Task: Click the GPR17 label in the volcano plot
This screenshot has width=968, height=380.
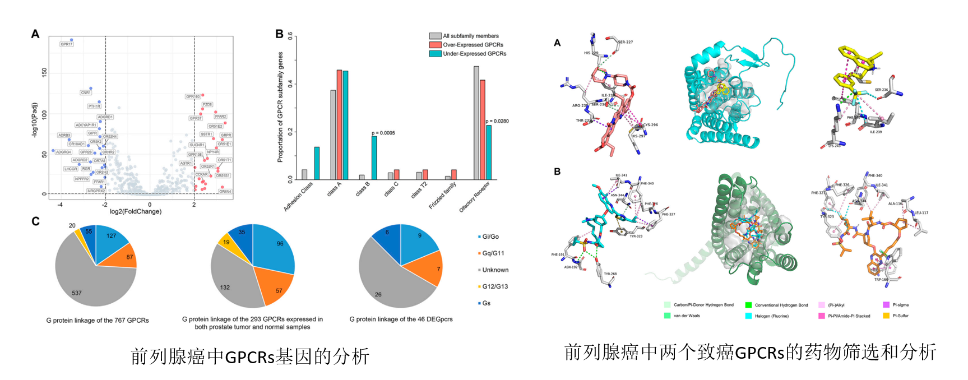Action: coord(67,44)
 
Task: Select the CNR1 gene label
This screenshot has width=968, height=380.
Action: coord(86,92)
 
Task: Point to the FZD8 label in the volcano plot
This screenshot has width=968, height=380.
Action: coord(207,104)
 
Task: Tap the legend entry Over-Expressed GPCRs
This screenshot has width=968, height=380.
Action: coord(473,45)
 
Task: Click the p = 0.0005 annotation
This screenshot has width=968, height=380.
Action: coord(383,133)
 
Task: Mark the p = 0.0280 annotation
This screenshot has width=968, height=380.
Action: coord(497,121)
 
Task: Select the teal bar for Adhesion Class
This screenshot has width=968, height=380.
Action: coord(317,163)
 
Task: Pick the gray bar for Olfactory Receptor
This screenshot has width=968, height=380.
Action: coord(476,123)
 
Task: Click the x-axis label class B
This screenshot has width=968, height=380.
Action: coord(363,189)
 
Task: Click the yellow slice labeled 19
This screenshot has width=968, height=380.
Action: coord(226,242)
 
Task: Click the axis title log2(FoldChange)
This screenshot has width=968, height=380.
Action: coord(136,211)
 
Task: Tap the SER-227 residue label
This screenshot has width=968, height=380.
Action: coord(626,42)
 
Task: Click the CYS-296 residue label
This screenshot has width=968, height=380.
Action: coord(650,125)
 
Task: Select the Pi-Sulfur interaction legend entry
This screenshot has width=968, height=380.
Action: coord(900,316)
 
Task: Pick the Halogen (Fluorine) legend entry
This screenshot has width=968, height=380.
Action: coord(771,316)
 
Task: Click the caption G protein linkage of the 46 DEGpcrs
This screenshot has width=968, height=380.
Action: coord(401,319)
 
